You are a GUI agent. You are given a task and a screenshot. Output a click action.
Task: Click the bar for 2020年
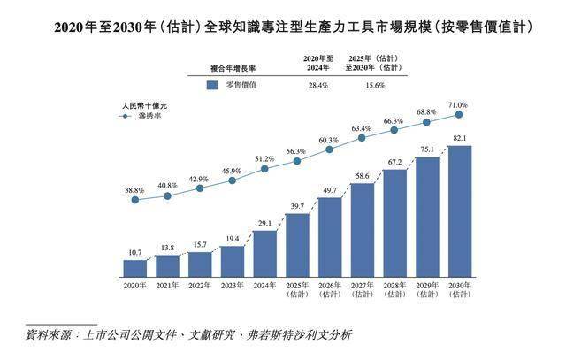[x=135, y=267]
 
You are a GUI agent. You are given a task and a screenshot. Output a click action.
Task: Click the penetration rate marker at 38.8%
[x=135, y=200]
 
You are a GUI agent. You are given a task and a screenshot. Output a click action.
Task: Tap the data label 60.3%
[x=329, y=140]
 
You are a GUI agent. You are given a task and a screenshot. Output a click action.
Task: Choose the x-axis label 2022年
[x=200, y=285]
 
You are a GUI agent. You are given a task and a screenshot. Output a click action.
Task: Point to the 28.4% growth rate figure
[x=317, y=85]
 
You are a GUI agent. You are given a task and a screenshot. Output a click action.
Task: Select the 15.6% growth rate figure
[x=378, y=85]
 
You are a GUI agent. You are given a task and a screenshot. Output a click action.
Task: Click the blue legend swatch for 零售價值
[x=211, y=86]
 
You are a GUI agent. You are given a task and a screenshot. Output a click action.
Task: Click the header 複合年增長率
[x=236, y=65]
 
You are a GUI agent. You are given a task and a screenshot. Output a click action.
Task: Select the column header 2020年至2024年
[x=316, y=61]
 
